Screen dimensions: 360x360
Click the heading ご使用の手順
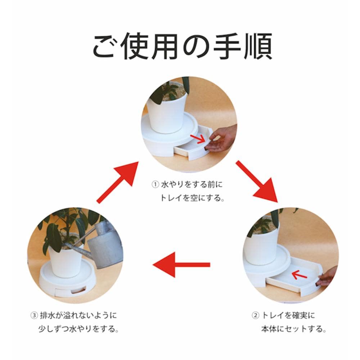(x=183, y=46)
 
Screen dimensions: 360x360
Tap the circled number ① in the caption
(x=155, y=184)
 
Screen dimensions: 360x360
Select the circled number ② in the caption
(x=255, y=315)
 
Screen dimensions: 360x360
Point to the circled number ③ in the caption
(x=34, y=315)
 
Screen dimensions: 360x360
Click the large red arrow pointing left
(x=181, y=265)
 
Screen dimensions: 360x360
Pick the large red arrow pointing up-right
(x=118, y=182)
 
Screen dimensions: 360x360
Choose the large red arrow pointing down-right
(x=257, y=181)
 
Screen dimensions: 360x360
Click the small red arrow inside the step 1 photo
(x=198, y=139)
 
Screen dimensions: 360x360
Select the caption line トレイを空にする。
(x=192, y=198)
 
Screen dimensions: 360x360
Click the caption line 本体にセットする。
(x=294, y=329)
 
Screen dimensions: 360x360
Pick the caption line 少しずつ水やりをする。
(x=78, y=329)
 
